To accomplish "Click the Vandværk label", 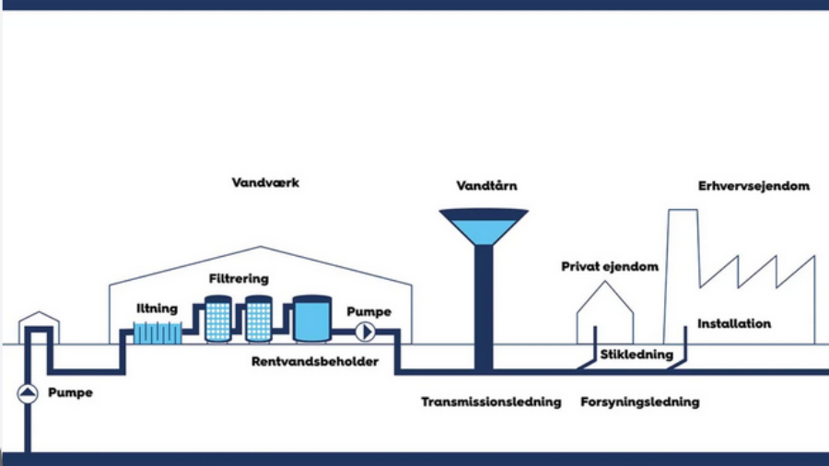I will pyautogui.click(x=265, y=183).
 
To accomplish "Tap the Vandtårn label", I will pyautogui.click(x=486, y=186).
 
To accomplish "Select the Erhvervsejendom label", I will pyautogui.click(x=753, y=186).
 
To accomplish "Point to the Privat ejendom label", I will pyautogui.click(x=610, y=267).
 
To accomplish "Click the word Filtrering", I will pyautogui.click(x=239, y=278).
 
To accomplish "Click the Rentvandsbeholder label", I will pyautogui.click(x=315, y=362).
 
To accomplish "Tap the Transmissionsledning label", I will pyautogui.click(x=491, y=402).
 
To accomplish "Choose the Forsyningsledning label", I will pyautogui.click(x=640, y=402).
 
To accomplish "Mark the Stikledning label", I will pyautogui.click(x=636, y=355).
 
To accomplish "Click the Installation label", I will pyautogui.click(x=734, y=324).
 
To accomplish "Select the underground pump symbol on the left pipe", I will pyautogui.click(x=28, y=393).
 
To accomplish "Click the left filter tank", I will pyautogui.click(x=218, y=319).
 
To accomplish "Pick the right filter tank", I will pyautogui.click(x=258, y=319).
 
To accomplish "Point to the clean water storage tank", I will pyautogui.click(x=311, y=319).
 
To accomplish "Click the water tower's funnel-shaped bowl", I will pyautogui.click(x=484, y=227).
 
